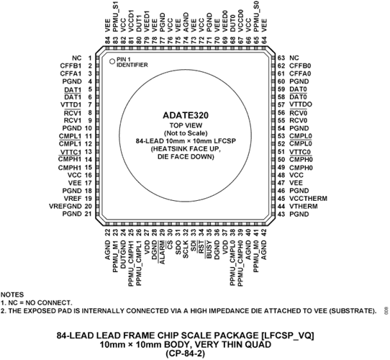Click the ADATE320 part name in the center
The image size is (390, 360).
[x=186, y=115]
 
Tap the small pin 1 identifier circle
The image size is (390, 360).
[x=112, y=61]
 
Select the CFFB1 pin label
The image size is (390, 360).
[x=71, y=66]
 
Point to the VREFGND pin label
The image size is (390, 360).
[x=65, y=206]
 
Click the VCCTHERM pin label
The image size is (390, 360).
[x=308, y=199]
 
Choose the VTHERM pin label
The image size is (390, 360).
[x=304, y=207]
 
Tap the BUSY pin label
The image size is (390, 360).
[x=209, y=249]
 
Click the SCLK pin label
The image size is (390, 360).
[x=186, y=249]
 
